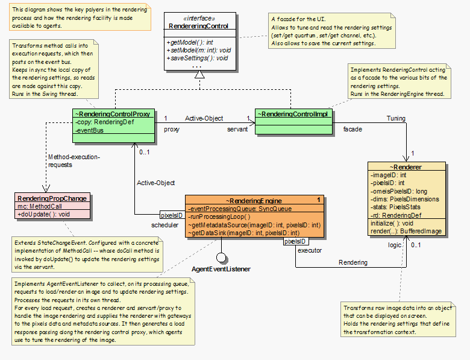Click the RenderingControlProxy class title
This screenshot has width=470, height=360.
113,113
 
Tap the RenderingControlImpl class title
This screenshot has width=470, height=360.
293,113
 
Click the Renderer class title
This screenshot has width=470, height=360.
407,166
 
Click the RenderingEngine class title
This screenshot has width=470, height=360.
254,200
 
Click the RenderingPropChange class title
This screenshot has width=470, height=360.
52,198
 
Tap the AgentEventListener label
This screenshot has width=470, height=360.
221,268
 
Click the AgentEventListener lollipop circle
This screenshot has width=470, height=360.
221,257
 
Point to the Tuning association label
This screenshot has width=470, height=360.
395,118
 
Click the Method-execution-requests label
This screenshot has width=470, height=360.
74,160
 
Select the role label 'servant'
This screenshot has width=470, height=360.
237,129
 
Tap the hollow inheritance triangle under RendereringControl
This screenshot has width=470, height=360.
199,75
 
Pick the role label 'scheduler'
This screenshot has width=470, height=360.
165,225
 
